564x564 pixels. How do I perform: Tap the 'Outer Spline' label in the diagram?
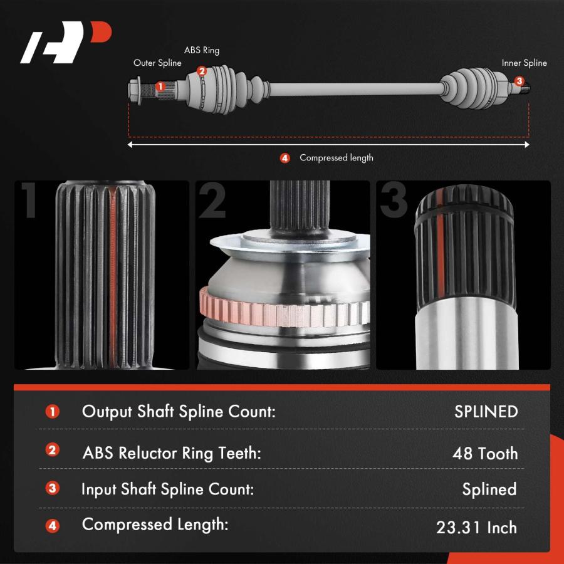tap(157, 63)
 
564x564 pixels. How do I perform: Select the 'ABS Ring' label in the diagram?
tap(201, 50)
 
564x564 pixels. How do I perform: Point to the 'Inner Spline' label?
tap(524, 63)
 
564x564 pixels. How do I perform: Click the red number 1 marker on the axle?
tap(160, 86)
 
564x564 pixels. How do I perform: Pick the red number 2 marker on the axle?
tap(201, 71)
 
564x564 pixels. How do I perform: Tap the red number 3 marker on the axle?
tap(519, 81)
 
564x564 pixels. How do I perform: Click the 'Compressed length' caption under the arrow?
tap(337, 158)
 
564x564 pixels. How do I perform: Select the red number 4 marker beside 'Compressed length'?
tap(285, 159)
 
